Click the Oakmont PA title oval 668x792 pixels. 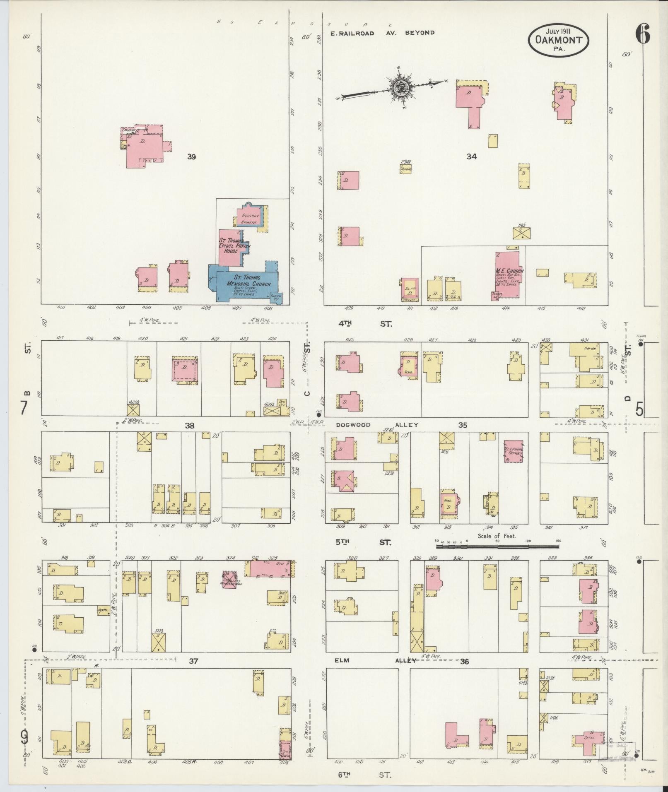pyautogui.click(x=558, y=40)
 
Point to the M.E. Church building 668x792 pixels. pyautogui.click(x=508, y=274)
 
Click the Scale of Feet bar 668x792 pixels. pyautogui.click(x=497, y=546)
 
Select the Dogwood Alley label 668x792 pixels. pyautogui.click(x=377, y=425)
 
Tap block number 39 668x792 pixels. pyautogui.click(x=191, y=157)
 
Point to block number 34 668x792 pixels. pyautogui.click(x=471, y=156)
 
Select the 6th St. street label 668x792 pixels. pyautogui.click(x=364, y=775)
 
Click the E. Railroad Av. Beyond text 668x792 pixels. pyautogui.click(x=382, y=33)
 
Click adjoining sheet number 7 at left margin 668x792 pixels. pyautogui.click(x=24, y=409)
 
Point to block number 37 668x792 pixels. pyautogui.click(x=193, y=662)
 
